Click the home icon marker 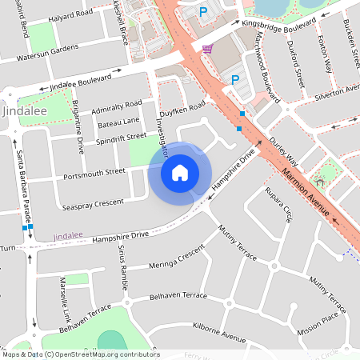[180, 172]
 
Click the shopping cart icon [207, 50]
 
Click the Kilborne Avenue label [219, 330]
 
